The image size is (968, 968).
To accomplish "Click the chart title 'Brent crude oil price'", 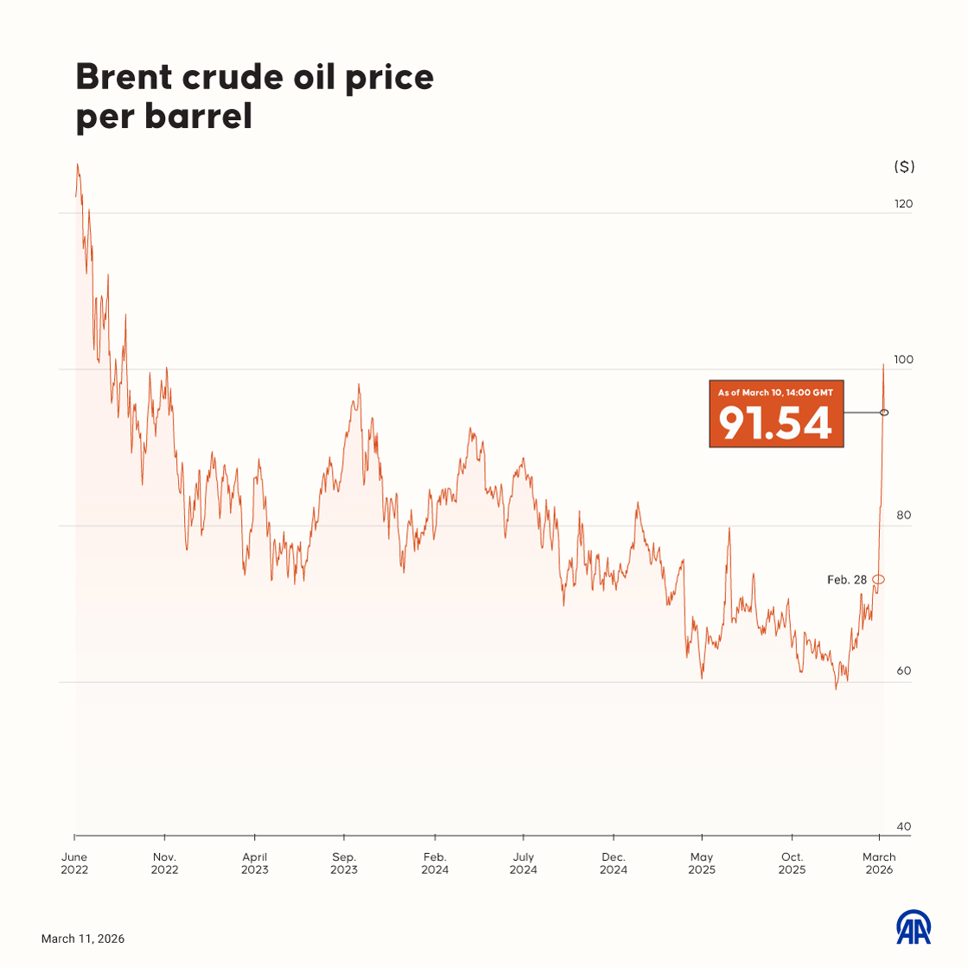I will click(254, 77).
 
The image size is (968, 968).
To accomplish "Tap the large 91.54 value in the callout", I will click(775, 423).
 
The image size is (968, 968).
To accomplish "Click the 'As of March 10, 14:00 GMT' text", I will click(775, 392).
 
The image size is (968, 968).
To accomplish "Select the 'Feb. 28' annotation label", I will click(846, 580).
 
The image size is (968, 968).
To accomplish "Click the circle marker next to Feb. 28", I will click(878, 579).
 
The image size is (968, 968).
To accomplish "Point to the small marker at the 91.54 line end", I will click(884, 412).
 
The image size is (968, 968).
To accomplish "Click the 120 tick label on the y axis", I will click(903, 204).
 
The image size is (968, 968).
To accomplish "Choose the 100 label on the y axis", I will click(903, 360).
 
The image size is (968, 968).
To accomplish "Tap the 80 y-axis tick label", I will click(903, 515).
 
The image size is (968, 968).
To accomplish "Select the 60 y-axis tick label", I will click(903, 671).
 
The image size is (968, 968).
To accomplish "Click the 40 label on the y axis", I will click(903, 826).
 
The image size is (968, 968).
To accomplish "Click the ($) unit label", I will click(903, 167).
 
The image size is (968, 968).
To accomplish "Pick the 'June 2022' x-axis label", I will click(74, 863).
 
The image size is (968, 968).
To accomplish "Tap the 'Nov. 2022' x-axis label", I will click(164, 863).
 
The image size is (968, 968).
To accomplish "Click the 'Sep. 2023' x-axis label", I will click(344, 863).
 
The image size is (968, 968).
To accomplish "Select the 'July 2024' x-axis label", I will click(523, 863).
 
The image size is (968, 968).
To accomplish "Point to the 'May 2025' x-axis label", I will click(702, 863).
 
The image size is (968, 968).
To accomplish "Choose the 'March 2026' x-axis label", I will click(879, 863).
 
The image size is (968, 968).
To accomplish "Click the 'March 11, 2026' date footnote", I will click(83, 939).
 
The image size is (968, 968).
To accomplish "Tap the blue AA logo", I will click(913, 927).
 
